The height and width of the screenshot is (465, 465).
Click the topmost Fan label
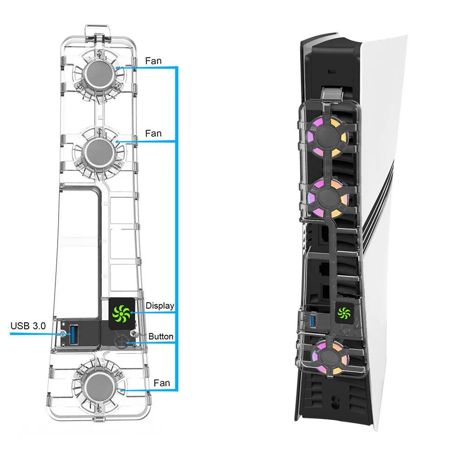pyautogui.click(x=153, y=60)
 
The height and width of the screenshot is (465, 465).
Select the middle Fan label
pyautogui.click(x=153, y=133)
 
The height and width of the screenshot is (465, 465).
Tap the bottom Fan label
pyautogui.click(x=162, y=383)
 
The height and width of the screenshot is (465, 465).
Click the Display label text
pyautogui.click(x=160, y=306)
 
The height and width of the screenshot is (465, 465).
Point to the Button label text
pyautogui.click(x=161, y=336)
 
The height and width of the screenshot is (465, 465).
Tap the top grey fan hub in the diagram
pyautogui.click(x=98, y=74)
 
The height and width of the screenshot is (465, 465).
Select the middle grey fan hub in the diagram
pyautogui.click(x=98, y=151)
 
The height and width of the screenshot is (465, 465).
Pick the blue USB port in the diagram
pyautogui.click(x=74, y=332)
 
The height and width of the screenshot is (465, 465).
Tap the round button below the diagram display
pyautogui.click(x=121, y=342)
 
